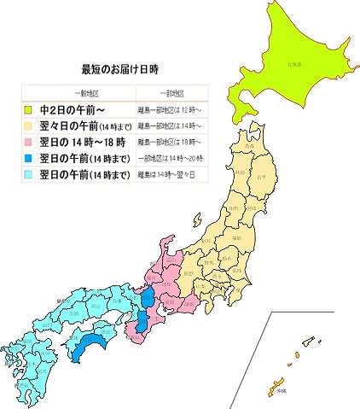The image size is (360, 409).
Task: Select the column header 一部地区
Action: tap(172, 92)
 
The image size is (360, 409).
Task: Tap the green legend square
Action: tap(28, 109)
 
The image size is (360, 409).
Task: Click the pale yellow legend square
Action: tap(28, 126)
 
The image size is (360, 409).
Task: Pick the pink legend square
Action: tap(28, 142)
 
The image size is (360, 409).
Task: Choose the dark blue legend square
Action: tap(28, 158)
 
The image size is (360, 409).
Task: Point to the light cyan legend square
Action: tap(28, 174)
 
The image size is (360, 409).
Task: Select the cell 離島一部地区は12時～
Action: tap(171, 109)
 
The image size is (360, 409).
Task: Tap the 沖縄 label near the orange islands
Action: tap(282, 390)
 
